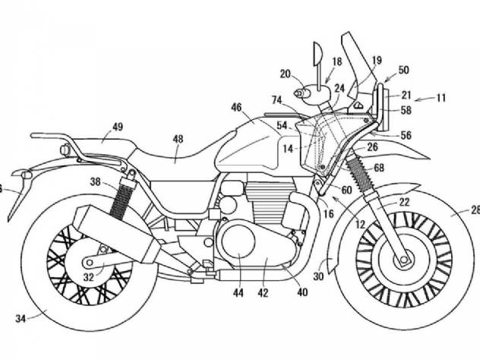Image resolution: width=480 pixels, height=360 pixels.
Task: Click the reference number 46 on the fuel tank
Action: tap(236, 107)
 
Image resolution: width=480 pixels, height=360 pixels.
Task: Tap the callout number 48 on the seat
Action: tap(178, 139)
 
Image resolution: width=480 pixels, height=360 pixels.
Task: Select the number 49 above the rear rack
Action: tap(118, 127)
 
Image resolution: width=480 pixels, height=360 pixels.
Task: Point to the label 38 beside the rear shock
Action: tap(95, 182)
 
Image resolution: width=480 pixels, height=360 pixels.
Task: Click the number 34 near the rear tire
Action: tap(21, 319)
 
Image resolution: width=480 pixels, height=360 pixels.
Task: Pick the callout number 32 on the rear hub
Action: tap(88, 277)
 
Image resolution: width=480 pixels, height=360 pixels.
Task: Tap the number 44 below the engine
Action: tap(238, 293)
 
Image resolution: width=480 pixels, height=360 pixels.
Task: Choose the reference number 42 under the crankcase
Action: tap(263, 293)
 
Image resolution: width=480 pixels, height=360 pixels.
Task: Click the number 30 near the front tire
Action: tap(318, 276)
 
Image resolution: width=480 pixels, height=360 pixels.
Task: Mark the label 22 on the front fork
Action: tap(404, 202)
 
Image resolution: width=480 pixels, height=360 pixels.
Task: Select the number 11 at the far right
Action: tap(441, 98)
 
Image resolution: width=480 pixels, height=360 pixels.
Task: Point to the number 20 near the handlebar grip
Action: tap(286, 74)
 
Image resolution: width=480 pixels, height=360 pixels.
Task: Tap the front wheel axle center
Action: tap(404, 260)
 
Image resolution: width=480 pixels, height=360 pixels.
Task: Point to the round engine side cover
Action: tap(238, 242)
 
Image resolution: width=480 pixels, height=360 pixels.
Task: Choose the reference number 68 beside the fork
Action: tap(379, 168)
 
